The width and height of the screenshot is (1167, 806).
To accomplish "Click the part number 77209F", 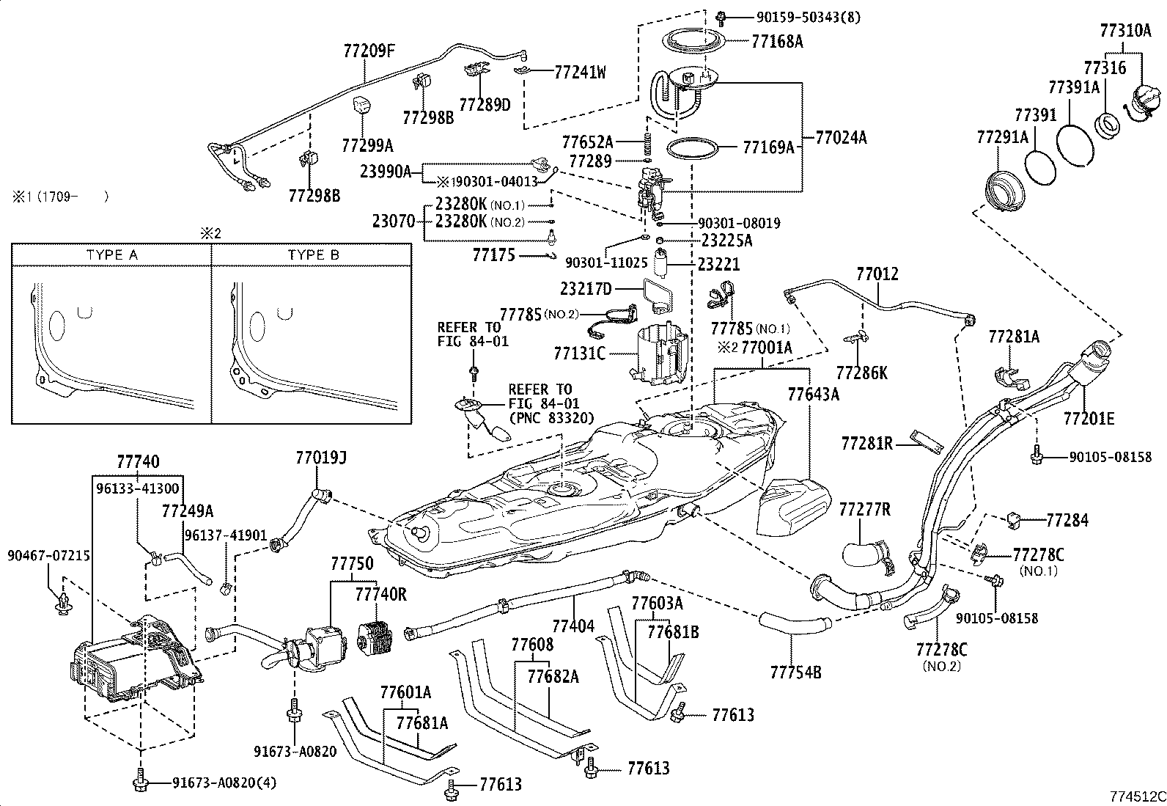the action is pyautogui.click(x=369, y=51).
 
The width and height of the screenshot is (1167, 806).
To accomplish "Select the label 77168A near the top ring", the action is pyautogui.click(x=777, y=42).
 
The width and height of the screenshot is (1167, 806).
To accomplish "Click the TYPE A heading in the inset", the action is pyautogui.click(x=112, y=255).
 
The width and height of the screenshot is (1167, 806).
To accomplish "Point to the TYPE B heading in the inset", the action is pyautogui.click(x=314, y=255).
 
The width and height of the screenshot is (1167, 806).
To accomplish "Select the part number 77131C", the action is pyautogui.click(x=579, y=353).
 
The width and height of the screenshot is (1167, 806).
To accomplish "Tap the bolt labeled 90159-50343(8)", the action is pyautogui.click(x=721, y=18).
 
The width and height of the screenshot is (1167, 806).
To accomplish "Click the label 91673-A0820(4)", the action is pyautogui.click(x=224, y=783).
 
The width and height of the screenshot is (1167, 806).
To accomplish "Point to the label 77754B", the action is pyautogui.click(x=795, y=673).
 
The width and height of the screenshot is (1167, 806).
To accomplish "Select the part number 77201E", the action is pyautogui.click(x=1089, y=418).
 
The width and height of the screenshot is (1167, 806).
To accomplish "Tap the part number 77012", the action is pyautogui.click(x=877, y=274).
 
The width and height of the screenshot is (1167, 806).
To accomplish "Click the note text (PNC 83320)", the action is pyautogui.click(x=551, y=417).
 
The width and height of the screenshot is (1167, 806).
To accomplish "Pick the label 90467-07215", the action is pyautogui.click(x=48, y=556).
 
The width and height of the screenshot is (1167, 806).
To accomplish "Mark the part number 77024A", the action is pyautogui.click(x=841, y=138).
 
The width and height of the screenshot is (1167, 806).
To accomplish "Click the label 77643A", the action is pyautogui.click(x=813, y=395).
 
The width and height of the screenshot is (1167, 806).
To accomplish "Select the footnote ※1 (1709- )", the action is pyautogui.click(x=60, y=197).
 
